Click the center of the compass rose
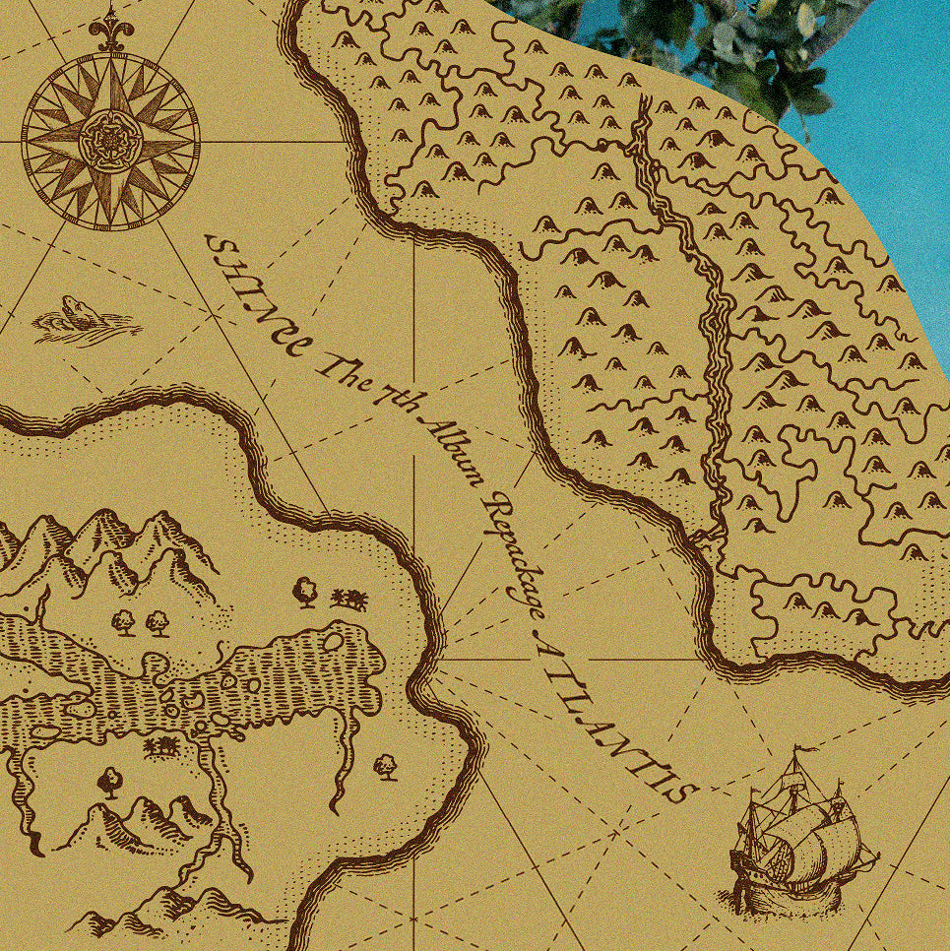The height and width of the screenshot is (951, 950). [x=109, y=142]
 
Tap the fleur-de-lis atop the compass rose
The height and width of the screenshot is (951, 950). [x=109, y=32]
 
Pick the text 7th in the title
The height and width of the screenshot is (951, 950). [x=389, y=399]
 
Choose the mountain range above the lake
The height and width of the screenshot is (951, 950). [x=108, y=551]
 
